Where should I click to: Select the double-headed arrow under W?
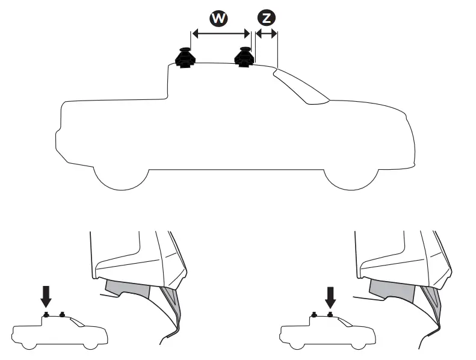(220, 34)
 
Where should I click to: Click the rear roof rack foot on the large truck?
(185, 58)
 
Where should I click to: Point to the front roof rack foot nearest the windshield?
(244, 58)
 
